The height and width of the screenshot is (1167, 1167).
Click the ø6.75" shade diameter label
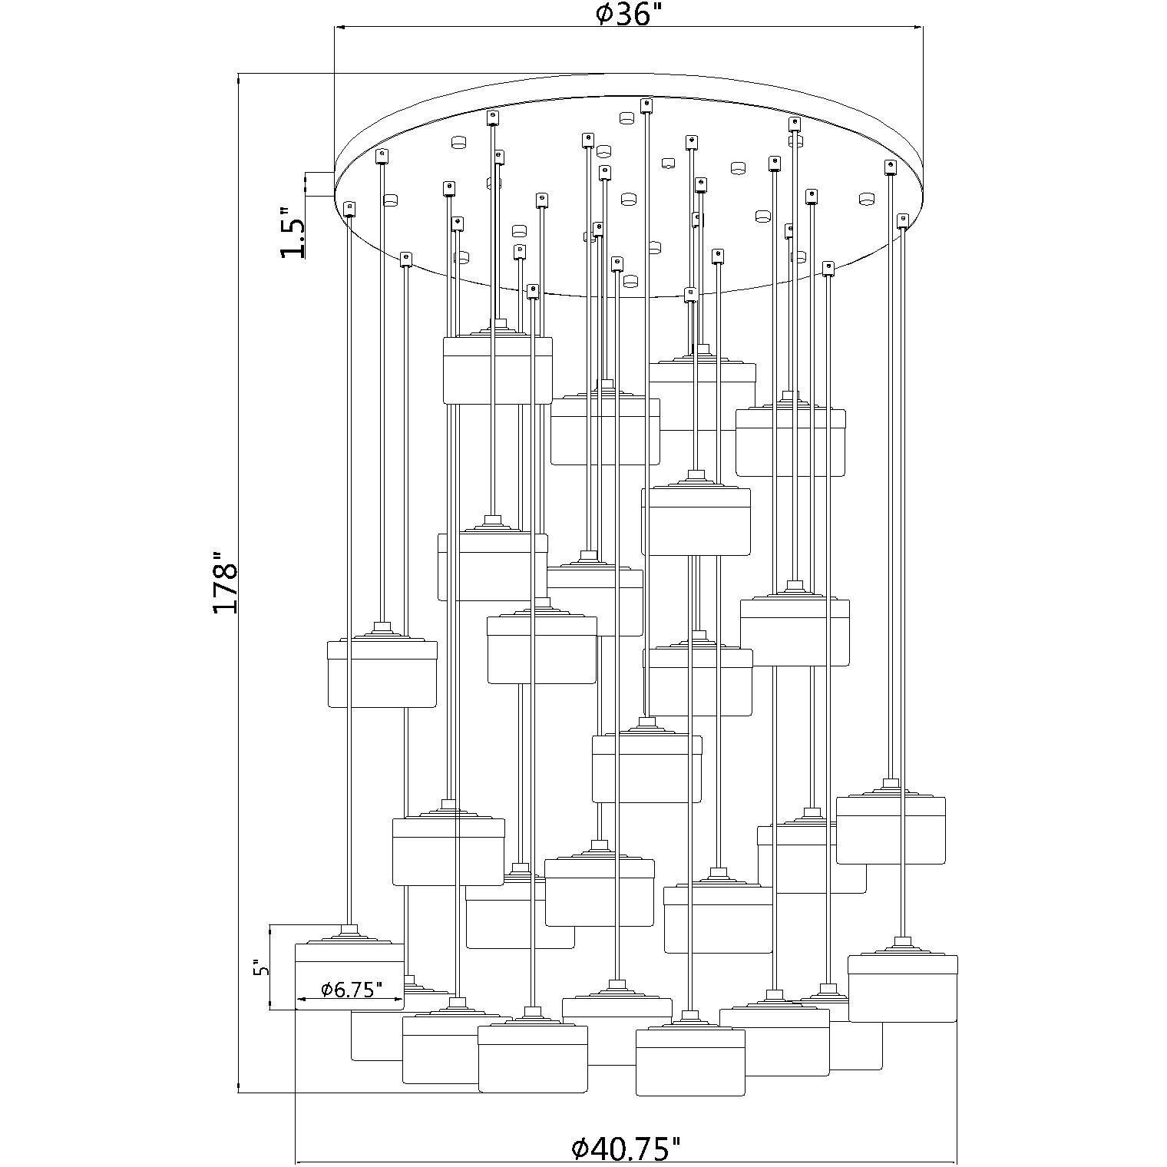tap(351, 990)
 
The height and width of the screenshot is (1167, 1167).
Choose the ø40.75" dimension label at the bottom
tap(626, 1149)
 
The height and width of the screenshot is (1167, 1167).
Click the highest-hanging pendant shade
tap(498, 369)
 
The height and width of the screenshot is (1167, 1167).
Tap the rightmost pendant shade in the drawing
tap(902, 988)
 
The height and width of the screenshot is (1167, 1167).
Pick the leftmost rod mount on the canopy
tap(350, 207)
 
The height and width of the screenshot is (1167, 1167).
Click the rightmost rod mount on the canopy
tap(903, 221)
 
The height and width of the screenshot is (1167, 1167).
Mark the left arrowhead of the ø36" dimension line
tap(339, 28)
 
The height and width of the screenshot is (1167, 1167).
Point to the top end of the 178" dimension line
tap(240, 75)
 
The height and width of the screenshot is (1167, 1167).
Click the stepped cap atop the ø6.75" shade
tap(349, 935)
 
